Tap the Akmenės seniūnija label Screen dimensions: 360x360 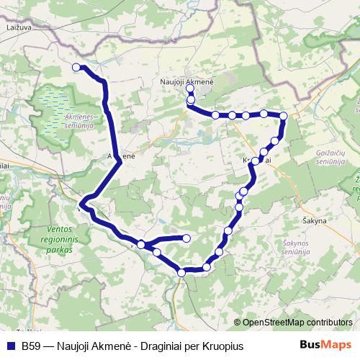[x=85, y=119]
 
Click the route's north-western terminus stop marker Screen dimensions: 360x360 [x=76, y=67]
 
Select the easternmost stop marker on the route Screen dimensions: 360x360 [x=283, y=116]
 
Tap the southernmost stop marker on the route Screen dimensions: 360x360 [x=181, y=272]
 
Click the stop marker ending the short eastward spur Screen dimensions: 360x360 [x=186, y=238]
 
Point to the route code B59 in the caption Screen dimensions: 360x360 [x=31, y=346]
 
